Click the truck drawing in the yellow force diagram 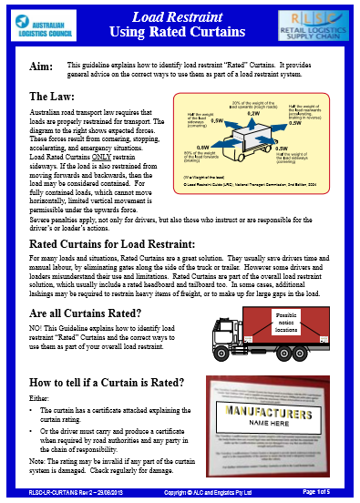(251, 140)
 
